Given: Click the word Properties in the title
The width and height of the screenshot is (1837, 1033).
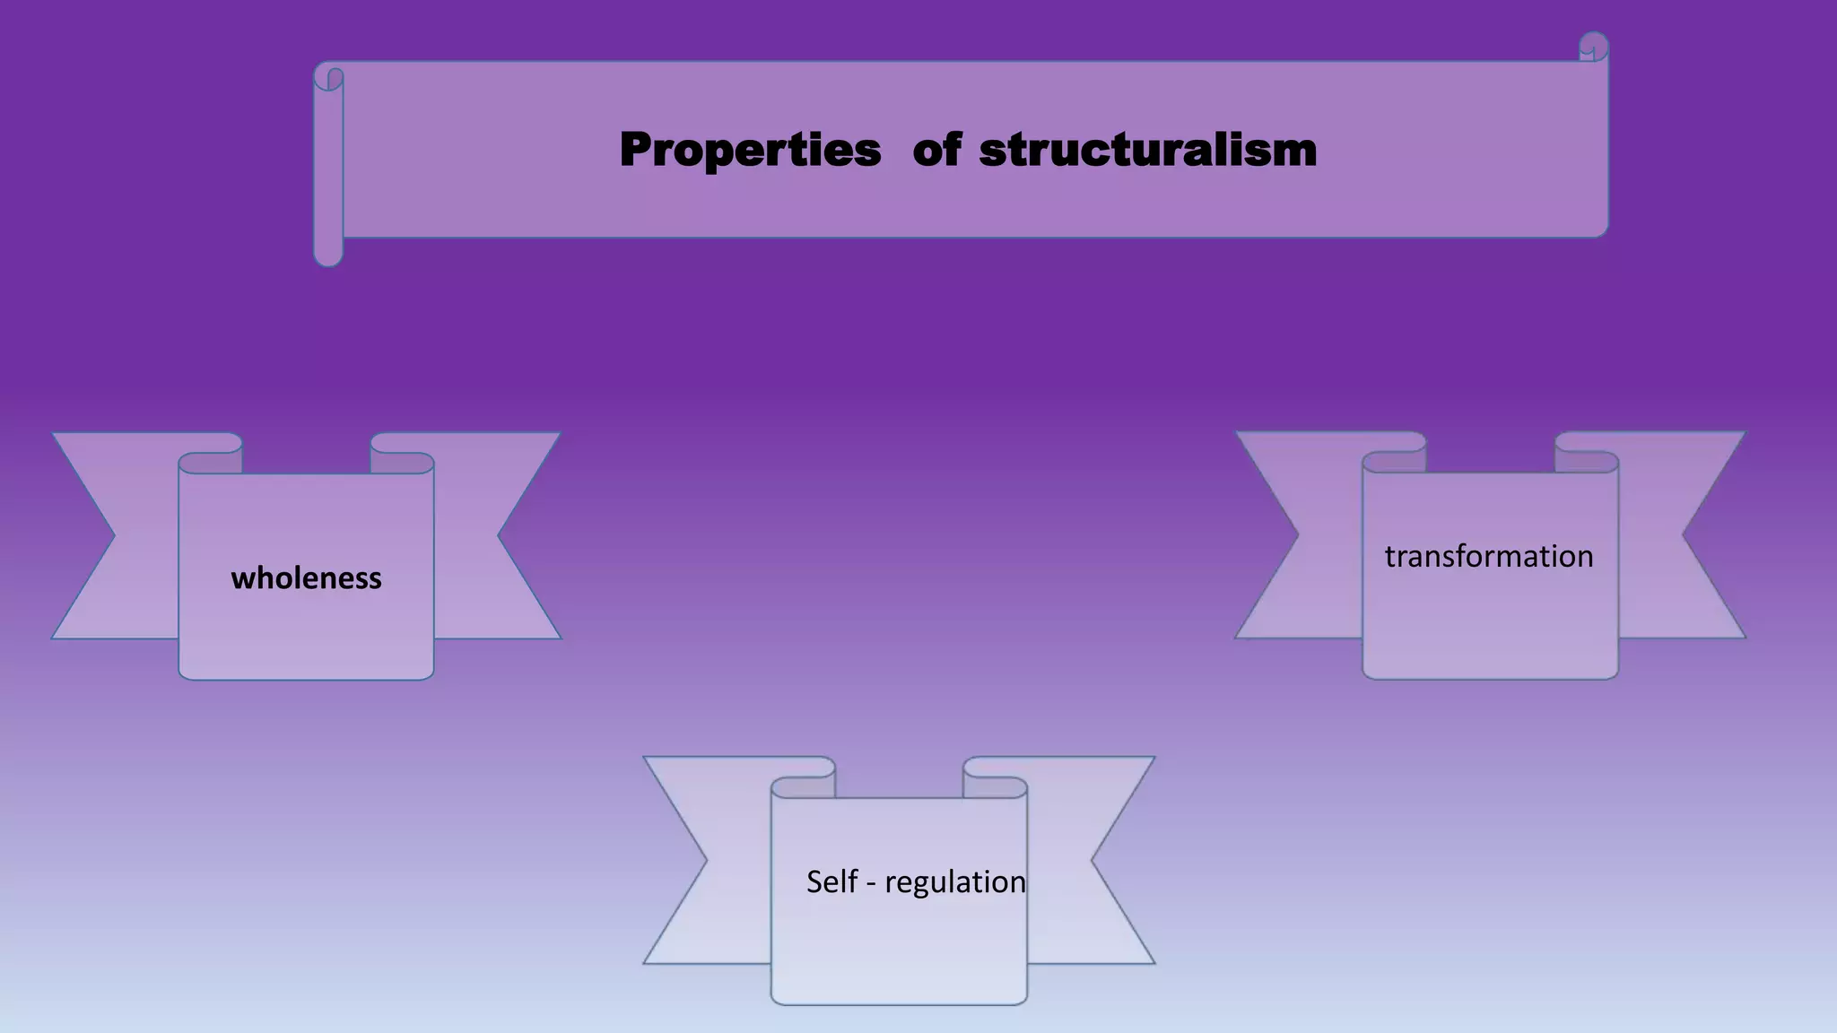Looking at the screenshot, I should click(x=750, y=150).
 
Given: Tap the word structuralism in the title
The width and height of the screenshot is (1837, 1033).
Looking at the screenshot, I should click(x=1147, y=150).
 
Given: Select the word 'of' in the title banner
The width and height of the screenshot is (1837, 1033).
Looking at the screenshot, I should click(x=936, y=150).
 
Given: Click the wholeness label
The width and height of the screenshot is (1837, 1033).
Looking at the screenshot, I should click(x=306, y=578).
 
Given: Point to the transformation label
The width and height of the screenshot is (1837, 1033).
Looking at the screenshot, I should click(x=1489, y=557).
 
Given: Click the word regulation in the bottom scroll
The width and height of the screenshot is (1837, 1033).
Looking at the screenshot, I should click(x=954, y=882).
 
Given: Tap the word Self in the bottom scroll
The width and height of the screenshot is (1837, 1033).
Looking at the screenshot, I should click(x=831, y=882).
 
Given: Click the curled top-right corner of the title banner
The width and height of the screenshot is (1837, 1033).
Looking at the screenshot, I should click(x=1593, y=47).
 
